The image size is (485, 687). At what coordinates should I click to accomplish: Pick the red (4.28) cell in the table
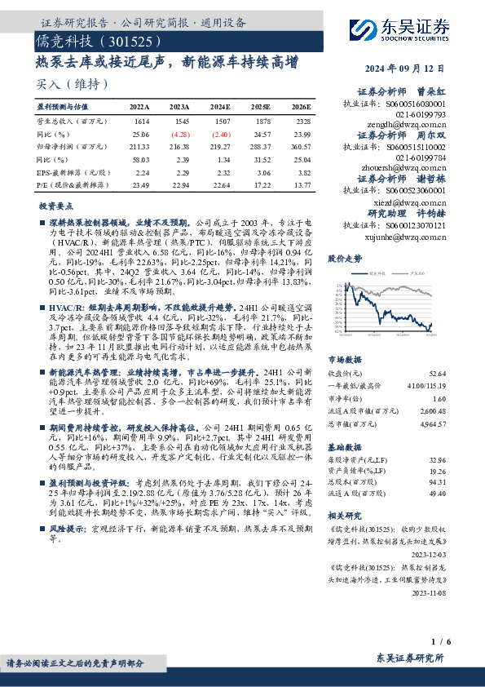[x=180, y=133]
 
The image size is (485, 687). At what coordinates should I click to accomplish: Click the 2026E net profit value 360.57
[x=301, y=146]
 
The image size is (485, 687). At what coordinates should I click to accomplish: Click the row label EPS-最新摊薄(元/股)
[x=73, y=172]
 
